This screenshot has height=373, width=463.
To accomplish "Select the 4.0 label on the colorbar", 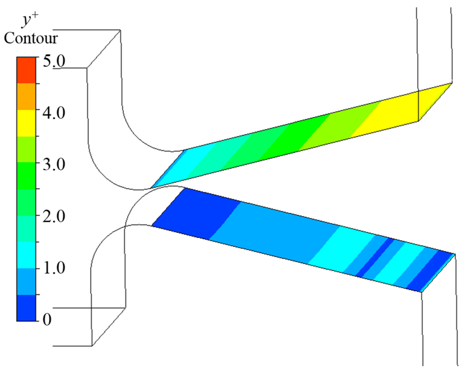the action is tap(54, 113).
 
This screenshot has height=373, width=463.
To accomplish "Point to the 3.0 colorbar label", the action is tap(54, 164).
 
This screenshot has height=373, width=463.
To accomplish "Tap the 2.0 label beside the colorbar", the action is tap(54, 216).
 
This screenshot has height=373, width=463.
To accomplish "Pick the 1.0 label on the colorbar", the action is tap(54, 268).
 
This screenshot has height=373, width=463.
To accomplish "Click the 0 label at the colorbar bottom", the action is tap(47, 319).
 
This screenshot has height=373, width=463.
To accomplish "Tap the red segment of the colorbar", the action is tap(26, 70).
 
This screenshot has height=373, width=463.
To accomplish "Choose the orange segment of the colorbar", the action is tap(26, 96).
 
